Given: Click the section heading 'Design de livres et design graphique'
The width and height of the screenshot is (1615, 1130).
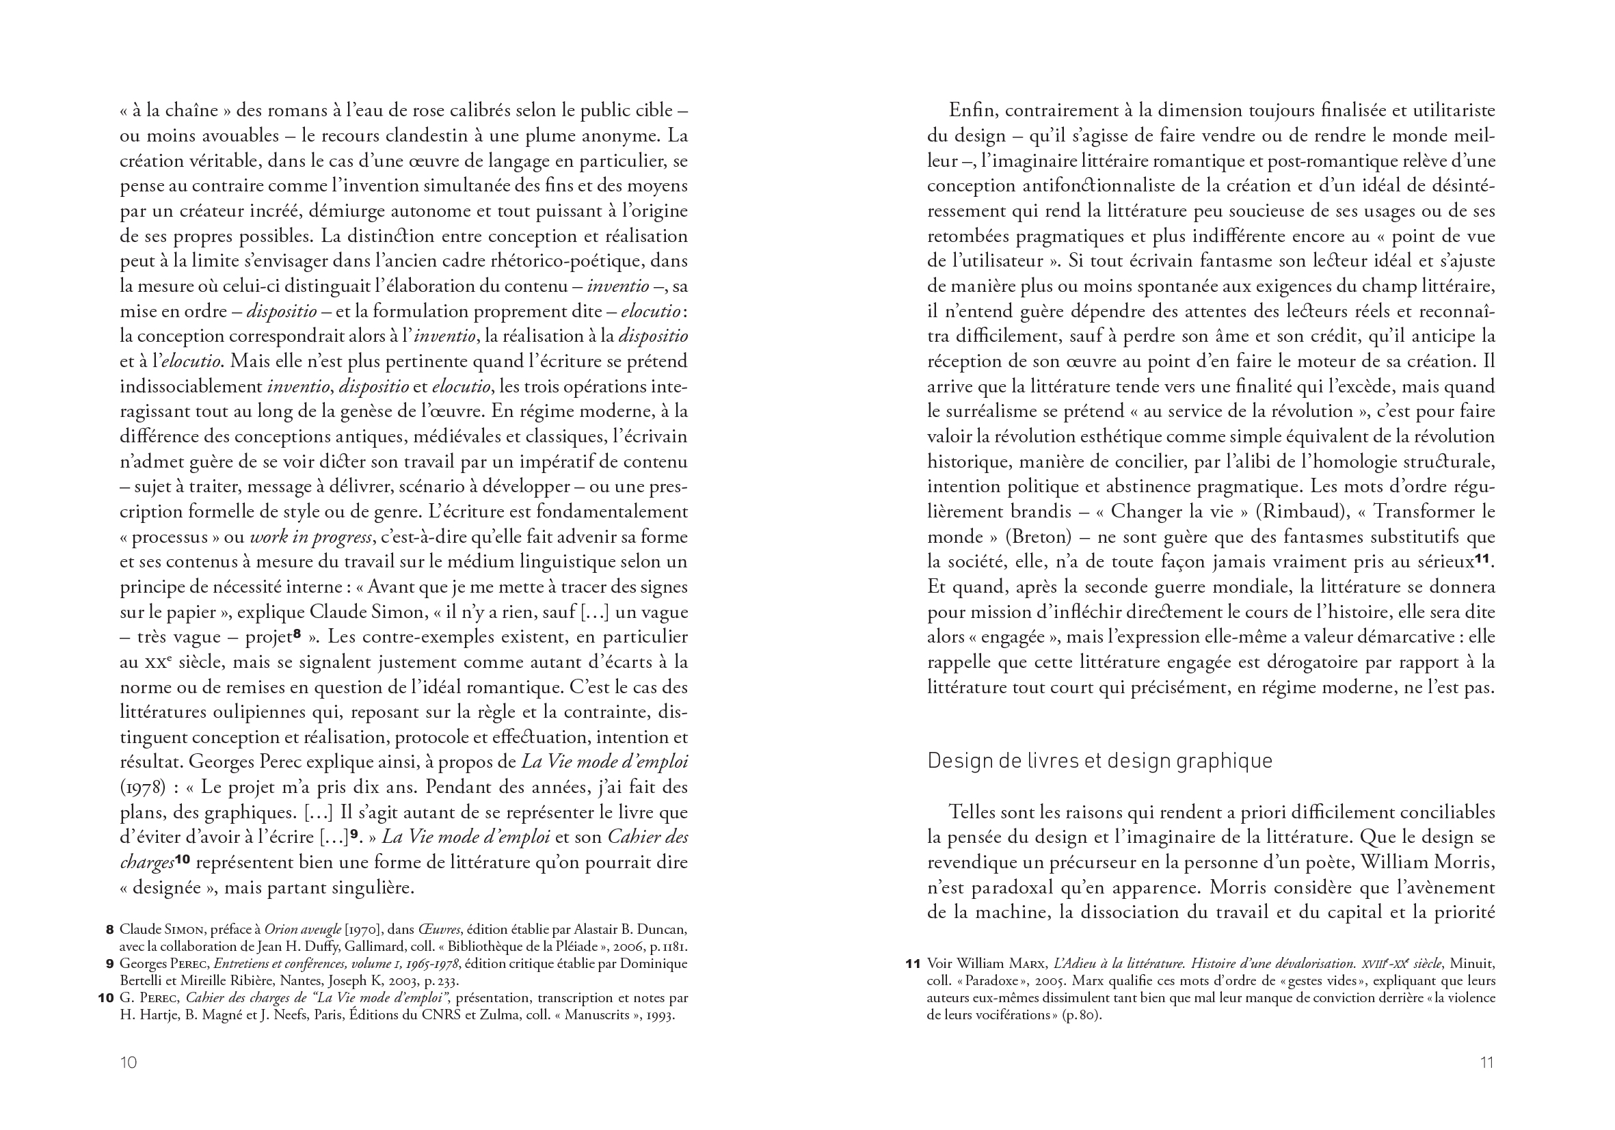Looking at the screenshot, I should (1099, 761).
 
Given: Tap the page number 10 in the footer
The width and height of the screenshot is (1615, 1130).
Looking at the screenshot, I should (128, 1062).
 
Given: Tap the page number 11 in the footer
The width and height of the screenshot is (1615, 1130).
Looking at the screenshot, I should (1486, 1062).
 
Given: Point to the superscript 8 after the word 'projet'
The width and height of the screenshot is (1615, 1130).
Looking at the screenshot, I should (297, 634).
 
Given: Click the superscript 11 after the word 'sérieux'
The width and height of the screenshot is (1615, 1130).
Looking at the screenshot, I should (1483, 559).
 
